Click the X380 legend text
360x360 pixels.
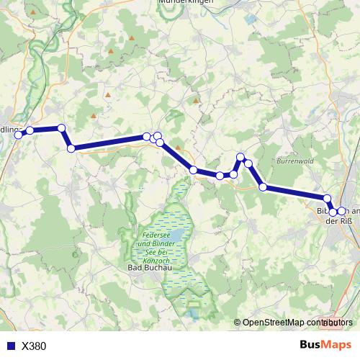pyautogui.click(x=34, y=346)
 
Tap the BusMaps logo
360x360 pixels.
pyautogui.click(x=325, y=345)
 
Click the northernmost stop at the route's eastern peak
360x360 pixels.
pyautogui.click(x=241, y=157)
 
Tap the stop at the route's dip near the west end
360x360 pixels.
pyautogui.click(x=71, y=148)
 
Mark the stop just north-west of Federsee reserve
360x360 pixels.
pyautogui.click(x=194, y=169)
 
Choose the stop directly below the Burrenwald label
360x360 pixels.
pyautogui.click(x=264, y=187)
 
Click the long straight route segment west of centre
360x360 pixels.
pyautogui.click(x=108, y=142)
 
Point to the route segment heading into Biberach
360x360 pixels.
pyautogui.click(x=295, y=193)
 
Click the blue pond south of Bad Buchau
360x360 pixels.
pyautogui.click(x=194, y=311)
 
